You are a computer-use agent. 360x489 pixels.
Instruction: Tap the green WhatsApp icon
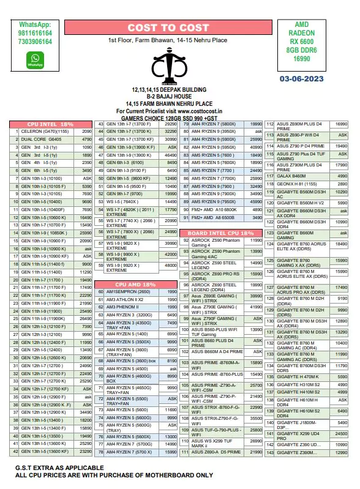click(x=34, y=59)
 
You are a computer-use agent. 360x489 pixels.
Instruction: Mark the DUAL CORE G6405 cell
click(x=42, y=139)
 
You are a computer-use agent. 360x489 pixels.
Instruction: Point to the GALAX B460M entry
click(x=292, y=175)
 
